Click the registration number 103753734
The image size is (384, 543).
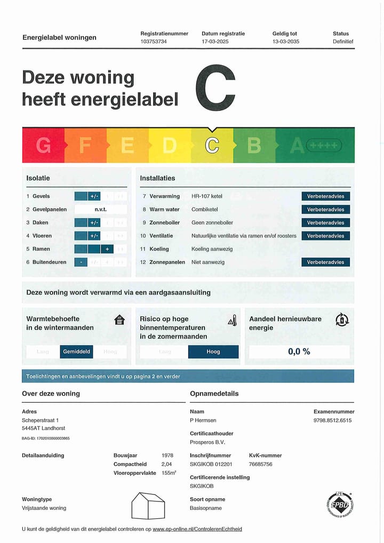tap(154, 41)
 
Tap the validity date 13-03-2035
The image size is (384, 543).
tap(286, 41)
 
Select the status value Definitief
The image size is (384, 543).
tap(343, 41)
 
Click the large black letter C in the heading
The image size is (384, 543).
tap(215, 89)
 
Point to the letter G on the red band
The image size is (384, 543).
tap(43, 145)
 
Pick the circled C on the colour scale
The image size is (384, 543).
tap(212, 145)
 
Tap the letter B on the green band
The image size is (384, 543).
tap(254, 145)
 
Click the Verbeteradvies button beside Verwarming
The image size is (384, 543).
tap(325, 196)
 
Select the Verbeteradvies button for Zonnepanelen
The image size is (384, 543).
tap(325, 262)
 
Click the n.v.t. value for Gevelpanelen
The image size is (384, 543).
tap(101, 210)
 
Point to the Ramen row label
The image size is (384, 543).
tap(41, 249)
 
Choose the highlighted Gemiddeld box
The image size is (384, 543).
tap(77, 352)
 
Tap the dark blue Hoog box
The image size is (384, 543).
tap(213, 352)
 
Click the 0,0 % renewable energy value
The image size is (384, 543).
tap(299, 352)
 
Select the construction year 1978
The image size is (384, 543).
tap(167, 456)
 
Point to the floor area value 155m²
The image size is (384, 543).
tap(169, 473)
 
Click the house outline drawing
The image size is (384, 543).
tap(148, 505)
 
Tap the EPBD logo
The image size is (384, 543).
tap(340, 505)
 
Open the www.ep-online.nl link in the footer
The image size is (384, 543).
tap(197, 529)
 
